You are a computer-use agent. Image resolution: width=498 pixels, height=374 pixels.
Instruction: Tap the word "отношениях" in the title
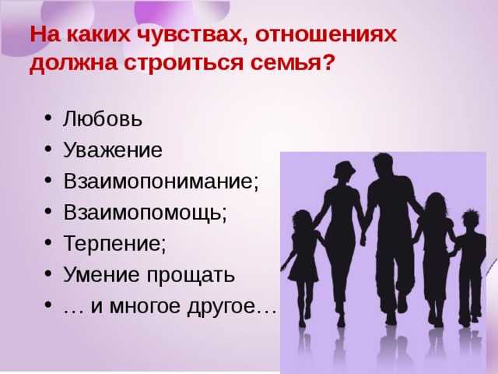coord(326,34)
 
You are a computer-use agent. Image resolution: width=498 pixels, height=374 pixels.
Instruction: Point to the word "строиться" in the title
coord(184,62)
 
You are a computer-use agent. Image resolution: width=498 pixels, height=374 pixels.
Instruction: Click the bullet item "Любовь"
coord(102,119)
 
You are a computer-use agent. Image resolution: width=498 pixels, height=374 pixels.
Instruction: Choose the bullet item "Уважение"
coord(113,150)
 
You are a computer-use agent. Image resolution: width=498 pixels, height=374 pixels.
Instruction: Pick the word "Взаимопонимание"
coord(159,181)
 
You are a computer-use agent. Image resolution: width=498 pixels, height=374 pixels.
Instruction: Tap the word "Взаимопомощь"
coord(142,213)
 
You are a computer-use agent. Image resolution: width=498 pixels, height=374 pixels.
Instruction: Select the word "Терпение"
coord(112,243)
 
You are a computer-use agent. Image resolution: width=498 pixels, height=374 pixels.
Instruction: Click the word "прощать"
coord(191,274)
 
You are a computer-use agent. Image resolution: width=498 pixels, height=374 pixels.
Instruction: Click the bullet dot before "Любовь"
coord(48,118)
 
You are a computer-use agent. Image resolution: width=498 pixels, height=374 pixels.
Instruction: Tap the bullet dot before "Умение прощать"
coord(48,273)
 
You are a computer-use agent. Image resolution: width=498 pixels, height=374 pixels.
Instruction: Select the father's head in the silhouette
coord(383,164)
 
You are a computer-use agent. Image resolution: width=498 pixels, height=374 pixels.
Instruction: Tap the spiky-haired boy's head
coord(471,221)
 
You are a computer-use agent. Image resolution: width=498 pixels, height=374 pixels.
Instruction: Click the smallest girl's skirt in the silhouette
coord(303,270)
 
